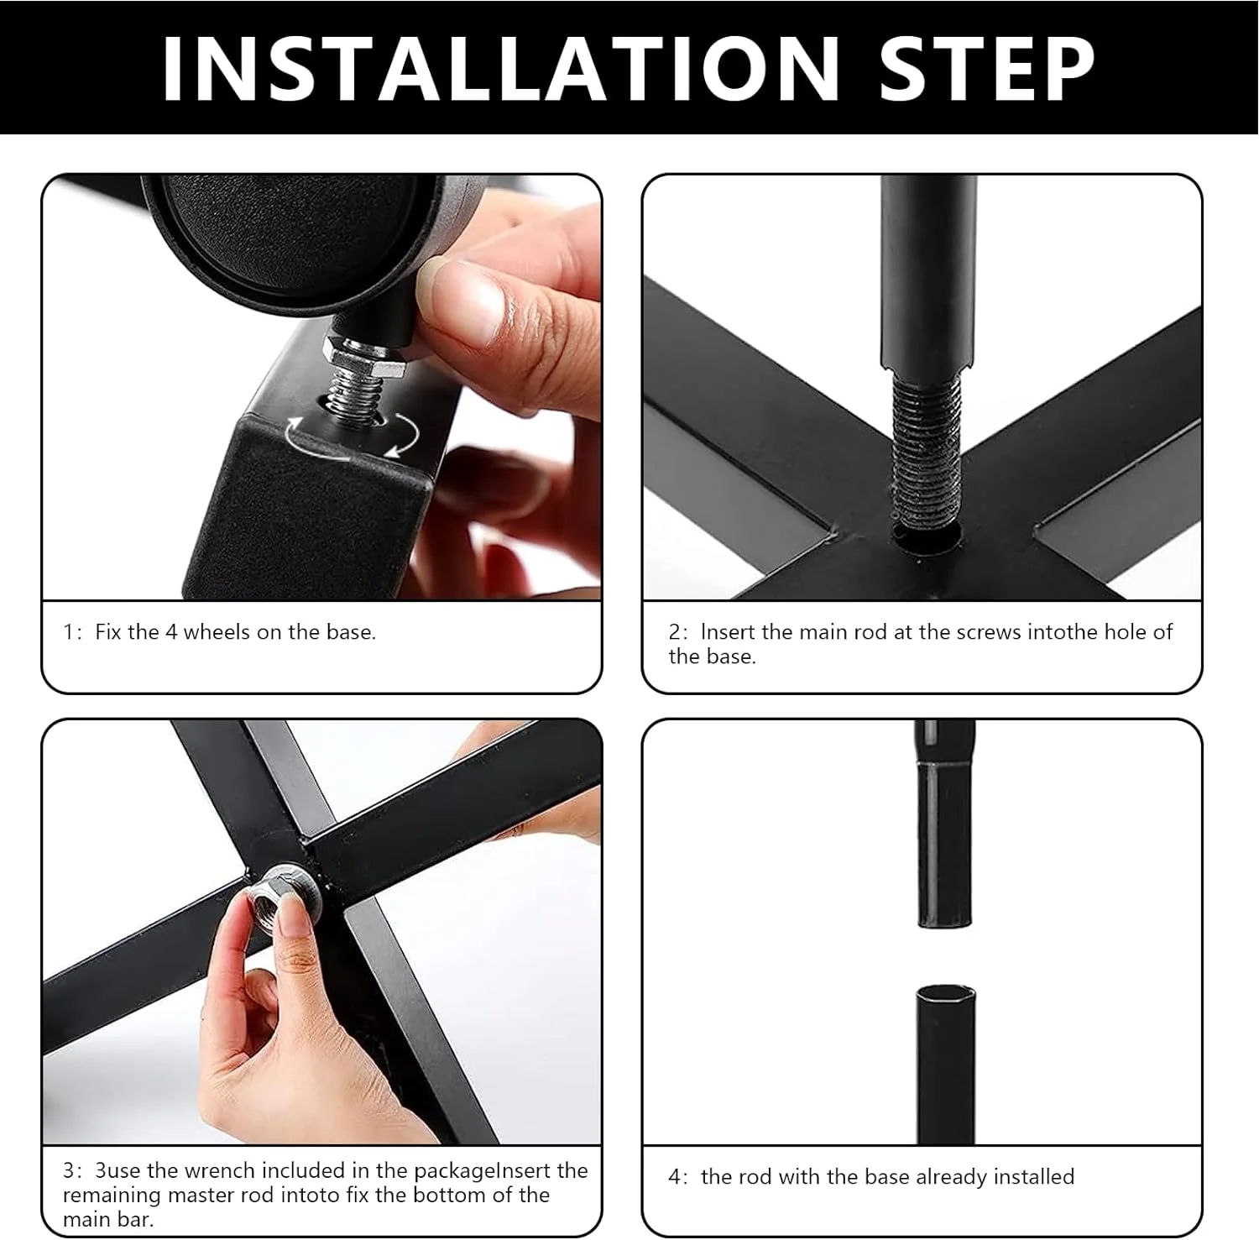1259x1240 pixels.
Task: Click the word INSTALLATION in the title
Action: [501, 68]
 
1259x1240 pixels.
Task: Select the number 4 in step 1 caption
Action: [171, 631]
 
